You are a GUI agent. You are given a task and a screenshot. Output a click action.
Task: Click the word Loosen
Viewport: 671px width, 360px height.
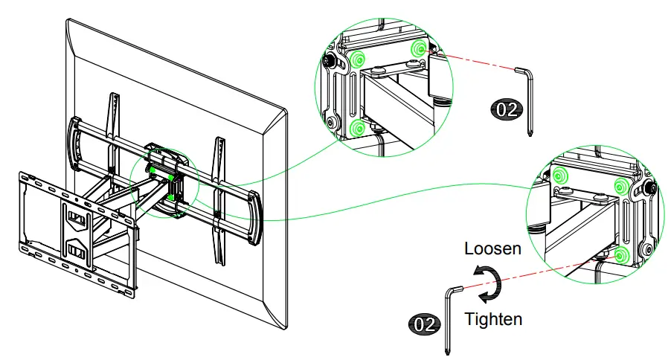[492, 248]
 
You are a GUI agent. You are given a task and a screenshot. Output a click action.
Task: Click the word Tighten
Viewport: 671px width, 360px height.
[492, 320]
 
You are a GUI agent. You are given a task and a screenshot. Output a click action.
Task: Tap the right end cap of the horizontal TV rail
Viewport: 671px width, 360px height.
[254, 217]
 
